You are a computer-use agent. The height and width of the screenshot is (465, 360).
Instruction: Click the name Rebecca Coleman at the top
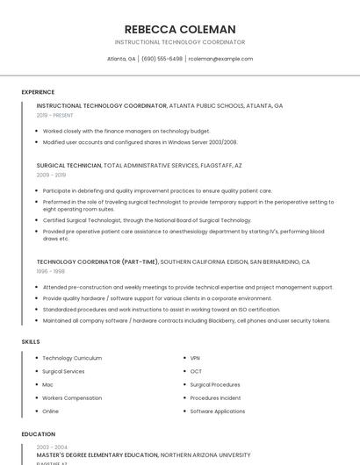[180, 29]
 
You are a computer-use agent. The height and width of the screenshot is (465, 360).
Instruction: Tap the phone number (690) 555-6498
[162, 59]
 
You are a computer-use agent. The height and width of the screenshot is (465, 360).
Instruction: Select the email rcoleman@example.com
[220, 59]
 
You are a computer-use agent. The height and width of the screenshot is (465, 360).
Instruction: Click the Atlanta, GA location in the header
[121, 59]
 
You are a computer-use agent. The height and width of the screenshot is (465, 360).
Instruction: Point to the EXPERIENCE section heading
[38, 92]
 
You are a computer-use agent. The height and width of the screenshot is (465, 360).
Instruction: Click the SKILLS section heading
[31, 340]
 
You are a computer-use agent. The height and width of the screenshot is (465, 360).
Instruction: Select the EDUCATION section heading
[39, 433]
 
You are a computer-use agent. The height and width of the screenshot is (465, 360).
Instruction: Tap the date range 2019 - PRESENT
[55, 115]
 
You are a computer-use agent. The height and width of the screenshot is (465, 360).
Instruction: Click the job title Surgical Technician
[68, 165]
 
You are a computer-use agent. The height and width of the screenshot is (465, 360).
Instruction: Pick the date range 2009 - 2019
[51, 175]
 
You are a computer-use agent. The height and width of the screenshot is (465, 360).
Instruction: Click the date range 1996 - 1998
[50, 271]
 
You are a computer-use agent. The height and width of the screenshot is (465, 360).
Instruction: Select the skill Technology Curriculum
[72, 358]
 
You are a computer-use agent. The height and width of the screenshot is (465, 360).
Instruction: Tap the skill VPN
[196, 358]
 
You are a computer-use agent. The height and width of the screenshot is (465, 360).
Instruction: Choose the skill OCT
[196, 371]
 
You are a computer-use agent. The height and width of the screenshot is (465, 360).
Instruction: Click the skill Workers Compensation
[73, 397]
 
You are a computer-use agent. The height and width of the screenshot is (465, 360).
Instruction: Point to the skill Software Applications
[218, 411]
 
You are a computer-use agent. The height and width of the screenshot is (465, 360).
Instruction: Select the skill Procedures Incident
[215, 397]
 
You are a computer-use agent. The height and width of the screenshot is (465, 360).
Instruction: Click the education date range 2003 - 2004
[51, 447]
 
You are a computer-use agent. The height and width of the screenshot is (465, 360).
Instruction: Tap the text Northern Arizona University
[205, 456]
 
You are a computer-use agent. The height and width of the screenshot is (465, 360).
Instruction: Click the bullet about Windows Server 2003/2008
[140, 141]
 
